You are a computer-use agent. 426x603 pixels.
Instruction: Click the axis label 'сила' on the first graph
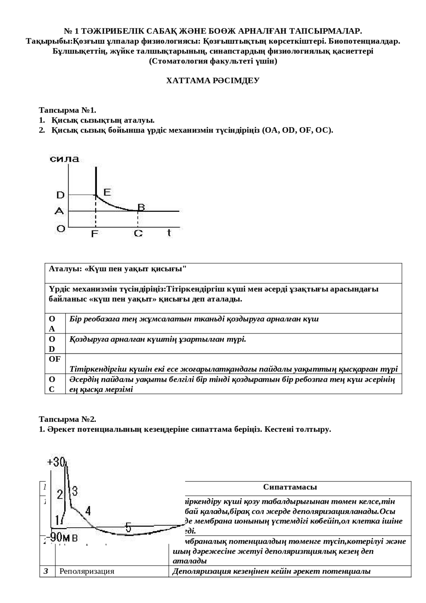click(64, 159)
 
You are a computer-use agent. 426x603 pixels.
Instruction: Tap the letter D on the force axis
click(60, 195)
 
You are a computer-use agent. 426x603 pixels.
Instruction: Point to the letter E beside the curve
click(107, 192)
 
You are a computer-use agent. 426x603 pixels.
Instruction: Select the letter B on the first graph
click(141, 207)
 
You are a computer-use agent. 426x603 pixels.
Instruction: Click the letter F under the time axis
click(95, 234)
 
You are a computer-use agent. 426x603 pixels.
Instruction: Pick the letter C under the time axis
click(138, 233)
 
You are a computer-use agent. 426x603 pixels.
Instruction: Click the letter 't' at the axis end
click(169, 232)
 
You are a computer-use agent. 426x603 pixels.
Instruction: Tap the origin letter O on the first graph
click(61, 229)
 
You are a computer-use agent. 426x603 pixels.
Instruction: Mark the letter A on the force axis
click(59, 211)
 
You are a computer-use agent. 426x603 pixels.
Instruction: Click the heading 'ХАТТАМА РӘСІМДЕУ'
click(213, 81)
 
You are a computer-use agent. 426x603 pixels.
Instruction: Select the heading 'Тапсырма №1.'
click(68, 110)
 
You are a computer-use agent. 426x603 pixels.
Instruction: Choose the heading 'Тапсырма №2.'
click(68, 419)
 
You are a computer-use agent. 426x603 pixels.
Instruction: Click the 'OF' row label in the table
click(55, 359)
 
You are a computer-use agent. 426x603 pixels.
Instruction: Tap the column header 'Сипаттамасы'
click(290, 487)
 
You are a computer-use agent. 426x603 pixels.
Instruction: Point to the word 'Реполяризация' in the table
click(87, 571)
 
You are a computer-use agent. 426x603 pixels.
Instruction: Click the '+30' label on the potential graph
click(56, 462)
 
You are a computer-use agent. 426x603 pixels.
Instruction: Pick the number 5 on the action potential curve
click(128, 527)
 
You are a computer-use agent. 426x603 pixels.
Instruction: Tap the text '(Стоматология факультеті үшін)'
click(213, 61)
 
